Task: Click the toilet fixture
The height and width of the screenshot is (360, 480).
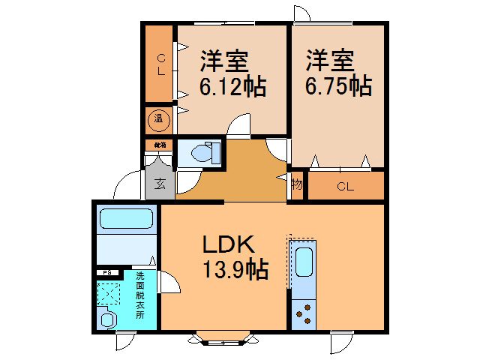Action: pyautogui.click(x=204, y=154)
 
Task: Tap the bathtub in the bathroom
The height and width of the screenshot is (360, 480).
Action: pyautogui.click(x=126, y=219)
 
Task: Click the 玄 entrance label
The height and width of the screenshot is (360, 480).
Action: pyautogui.click(x=160, y=182)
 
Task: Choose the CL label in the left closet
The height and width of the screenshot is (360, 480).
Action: pyautogui.click(x=160, y=64)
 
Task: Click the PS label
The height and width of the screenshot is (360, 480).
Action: pyautogui.click(x=107, y=273)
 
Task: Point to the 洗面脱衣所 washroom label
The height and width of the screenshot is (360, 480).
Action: pyautogui.click(x=139, y=295)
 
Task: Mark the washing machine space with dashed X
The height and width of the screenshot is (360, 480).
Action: pyautogui.click(x=110, y=293)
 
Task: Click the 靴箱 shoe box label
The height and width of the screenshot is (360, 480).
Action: pyautogui.click(x=160, y=144)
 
